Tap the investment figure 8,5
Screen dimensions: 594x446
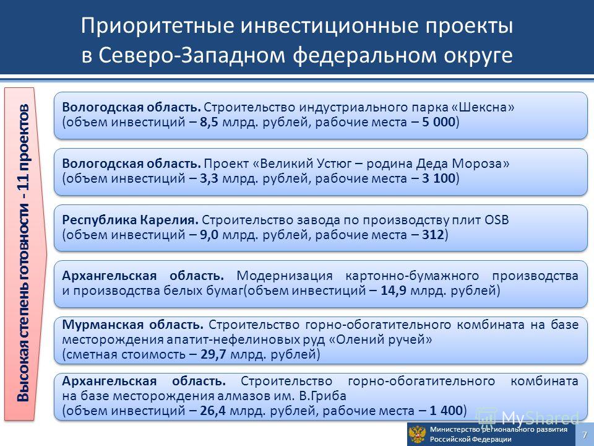click(x=209, y=122)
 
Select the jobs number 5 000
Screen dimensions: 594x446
click(x=438, y=122)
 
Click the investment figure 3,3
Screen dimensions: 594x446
click(x=209, y=178)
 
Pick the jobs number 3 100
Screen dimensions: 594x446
click(x=438, y=178)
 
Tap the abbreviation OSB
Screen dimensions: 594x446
click(x=496, y=220)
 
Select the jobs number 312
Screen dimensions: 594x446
click(x=433, y=235)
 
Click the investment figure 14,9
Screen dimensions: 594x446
click(x=394, y=291)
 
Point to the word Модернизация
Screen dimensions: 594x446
click(x=285, y=276)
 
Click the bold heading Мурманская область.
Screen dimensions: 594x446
click(x=132, y=325)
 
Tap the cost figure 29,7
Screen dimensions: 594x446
click(x=213, y=354)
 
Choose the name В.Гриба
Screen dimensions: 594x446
click(x=322, y=396)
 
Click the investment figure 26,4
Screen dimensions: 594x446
click(x=213, y=411)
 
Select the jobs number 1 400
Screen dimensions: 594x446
click(x=446, y=411)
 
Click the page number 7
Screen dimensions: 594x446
click(x=585, y=435)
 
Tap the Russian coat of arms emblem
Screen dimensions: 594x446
click(x=418, y=435)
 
